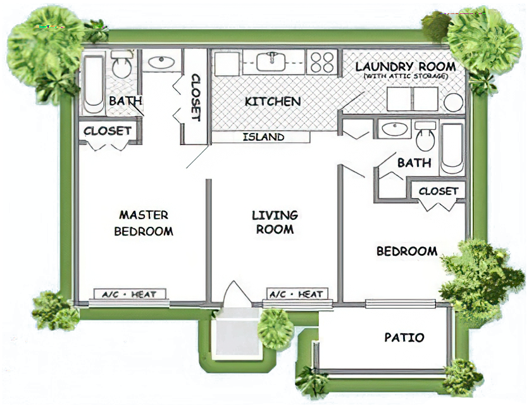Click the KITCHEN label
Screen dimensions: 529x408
tap(273, 101)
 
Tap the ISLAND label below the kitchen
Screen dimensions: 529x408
tap(263, 137)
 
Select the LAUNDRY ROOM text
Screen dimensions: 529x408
tap(406, 67)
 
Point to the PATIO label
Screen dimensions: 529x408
tap(404, 337)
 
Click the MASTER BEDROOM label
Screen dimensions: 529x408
tap(144, 223)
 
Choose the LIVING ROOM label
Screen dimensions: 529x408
tap(275, 222)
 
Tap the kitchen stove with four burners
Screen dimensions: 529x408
tap(322, 62)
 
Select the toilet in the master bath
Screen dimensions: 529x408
tap(121, 64)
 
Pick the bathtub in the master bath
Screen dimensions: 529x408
tap(94, 85)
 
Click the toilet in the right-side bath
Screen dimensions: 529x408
tap(425, 136)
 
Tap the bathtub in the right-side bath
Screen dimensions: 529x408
tap(452, 150)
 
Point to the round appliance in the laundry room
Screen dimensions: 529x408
tap(453, 103)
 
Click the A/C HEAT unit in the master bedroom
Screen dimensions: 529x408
tap(130, 294)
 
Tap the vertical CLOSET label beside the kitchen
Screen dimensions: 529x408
tap(196, 98)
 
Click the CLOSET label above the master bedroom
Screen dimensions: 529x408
tap(108, 131)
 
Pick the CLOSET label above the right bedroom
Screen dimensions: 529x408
tap(439, 191)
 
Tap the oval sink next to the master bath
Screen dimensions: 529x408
tap(161, 62)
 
